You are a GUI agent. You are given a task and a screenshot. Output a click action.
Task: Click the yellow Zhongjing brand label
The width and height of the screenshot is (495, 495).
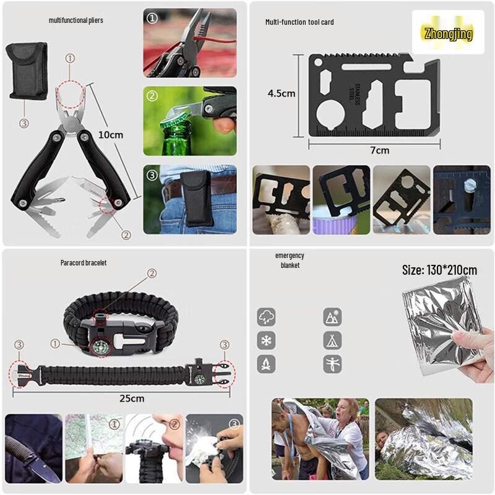coord(449,33)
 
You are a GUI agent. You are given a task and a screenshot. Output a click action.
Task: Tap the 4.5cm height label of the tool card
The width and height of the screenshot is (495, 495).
coord(281,94)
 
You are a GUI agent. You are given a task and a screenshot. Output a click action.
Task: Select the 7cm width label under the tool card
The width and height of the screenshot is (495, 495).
coord(380,150)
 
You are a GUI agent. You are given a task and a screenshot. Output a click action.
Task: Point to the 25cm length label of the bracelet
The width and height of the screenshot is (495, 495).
coord(132,398)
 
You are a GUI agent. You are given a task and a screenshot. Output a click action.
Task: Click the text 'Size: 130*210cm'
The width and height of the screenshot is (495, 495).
coord(439,270)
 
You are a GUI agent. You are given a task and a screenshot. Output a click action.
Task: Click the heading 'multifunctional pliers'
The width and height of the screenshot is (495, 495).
coord(76,20)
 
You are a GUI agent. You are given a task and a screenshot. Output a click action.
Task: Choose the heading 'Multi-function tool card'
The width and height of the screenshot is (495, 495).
coord(299,22)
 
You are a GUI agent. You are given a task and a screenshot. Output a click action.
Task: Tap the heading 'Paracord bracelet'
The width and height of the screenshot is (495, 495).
coord(84,263)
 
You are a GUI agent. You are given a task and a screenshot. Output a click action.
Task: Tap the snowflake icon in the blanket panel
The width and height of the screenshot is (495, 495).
coord(266,340)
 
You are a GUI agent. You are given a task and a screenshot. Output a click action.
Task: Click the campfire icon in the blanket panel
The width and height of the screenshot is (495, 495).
coord(266,363)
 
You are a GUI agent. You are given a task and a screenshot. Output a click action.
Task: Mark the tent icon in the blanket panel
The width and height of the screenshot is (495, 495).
coord(332,340)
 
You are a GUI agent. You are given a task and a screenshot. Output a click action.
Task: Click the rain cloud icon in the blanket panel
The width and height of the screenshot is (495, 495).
coord(266,317)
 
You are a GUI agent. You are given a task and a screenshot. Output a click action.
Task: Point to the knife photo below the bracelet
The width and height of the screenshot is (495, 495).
coord(33,449)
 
